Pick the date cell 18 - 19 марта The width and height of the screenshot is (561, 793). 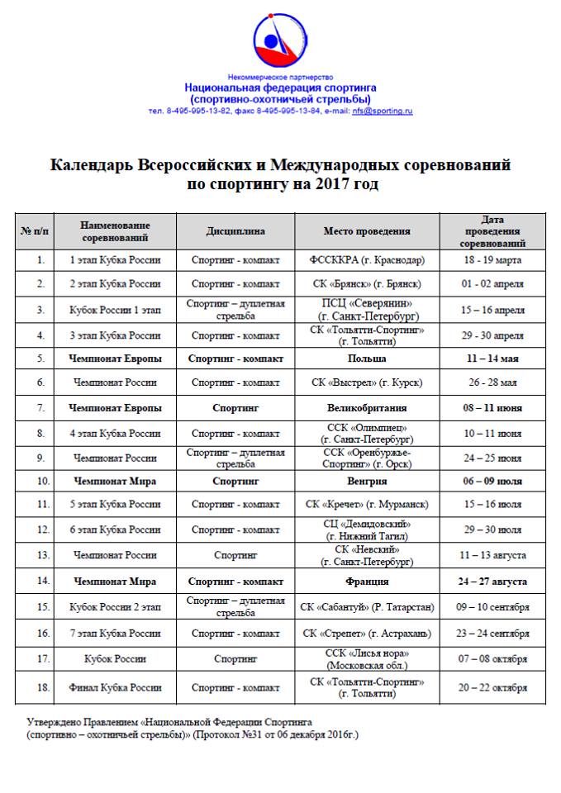click(x=492, y=260)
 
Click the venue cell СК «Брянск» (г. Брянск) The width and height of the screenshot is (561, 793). click(x=366, y=284)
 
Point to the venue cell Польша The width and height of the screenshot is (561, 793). click(x=366, y=359)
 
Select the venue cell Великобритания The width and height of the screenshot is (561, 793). click(x=366, y=408)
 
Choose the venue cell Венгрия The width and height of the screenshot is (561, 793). click(x=366, y=480)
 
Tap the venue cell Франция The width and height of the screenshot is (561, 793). click(x=366, y=582)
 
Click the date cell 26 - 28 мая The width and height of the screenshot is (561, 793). click(x=492, y=382)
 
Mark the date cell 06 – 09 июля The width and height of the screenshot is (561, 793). click(x=492, y=480)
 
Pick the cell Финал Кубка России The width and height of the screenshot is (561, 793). click(x=116, y=687)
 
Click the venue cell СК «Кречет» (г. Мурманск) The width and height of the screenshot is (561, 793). click(x=366, y=505)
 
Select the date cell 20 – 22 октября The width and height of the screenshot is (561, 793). click(x=492, y=687)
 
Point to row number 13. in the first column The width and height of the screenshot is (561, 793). click(x=40, y=555)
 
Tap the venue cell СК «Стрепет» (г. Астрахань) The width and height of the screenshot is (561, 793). click(x=366, y=634)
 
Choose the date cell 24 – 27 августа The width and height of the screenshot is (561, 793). click(x=492, y=582)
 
